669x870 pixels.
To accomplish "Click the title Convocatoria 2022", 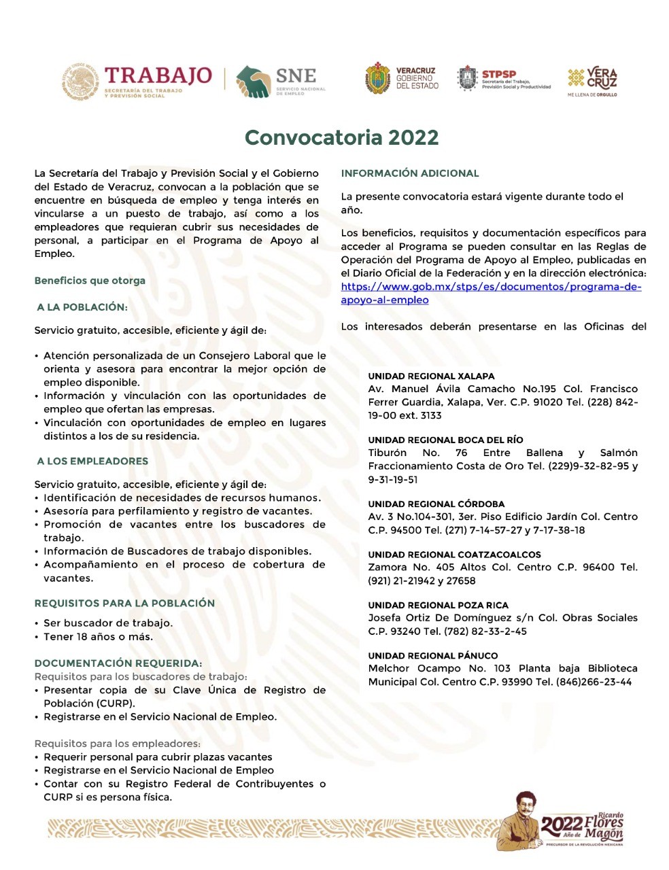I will [341, 137].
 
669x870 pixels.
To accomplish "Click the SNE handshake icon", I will [253, 82].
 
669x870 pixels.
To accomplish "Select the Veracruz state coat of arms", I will [377, 78].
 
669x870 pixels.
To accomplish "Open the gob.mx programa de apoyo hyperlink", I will [491, 293].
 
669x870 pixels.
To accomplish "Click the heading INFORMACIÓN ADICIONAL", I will [410, 173].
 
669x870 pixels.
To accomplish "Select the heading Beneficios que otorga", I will [90, 280].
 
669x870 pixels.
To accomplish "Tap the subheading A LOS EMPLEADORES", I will [92, 461].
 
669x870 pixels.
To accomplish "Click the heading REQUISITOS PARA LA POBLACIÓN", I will [124, 603].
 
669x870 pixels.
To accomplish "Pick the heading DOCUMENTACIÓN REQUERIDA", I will [118, 663].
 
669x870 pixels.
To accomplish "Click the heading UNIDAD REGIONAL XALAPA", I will [431, 376].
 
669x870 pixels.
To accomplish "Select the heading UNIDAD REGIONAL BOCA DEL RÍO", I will [445, 440].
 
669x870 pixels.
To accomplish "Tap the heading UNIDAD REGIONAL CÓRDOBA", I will [436, 504].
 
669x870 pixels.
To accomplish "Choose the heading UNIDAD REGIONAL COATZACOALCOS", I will [454, 555].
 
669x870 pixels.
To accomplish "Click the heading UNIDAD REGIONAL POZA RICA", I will [438, 605].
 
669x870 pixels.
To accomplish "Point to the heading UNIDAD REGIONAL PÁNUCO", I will [432, 655].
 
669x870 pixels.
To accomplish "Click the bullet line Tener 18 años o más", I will [98, 637].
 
